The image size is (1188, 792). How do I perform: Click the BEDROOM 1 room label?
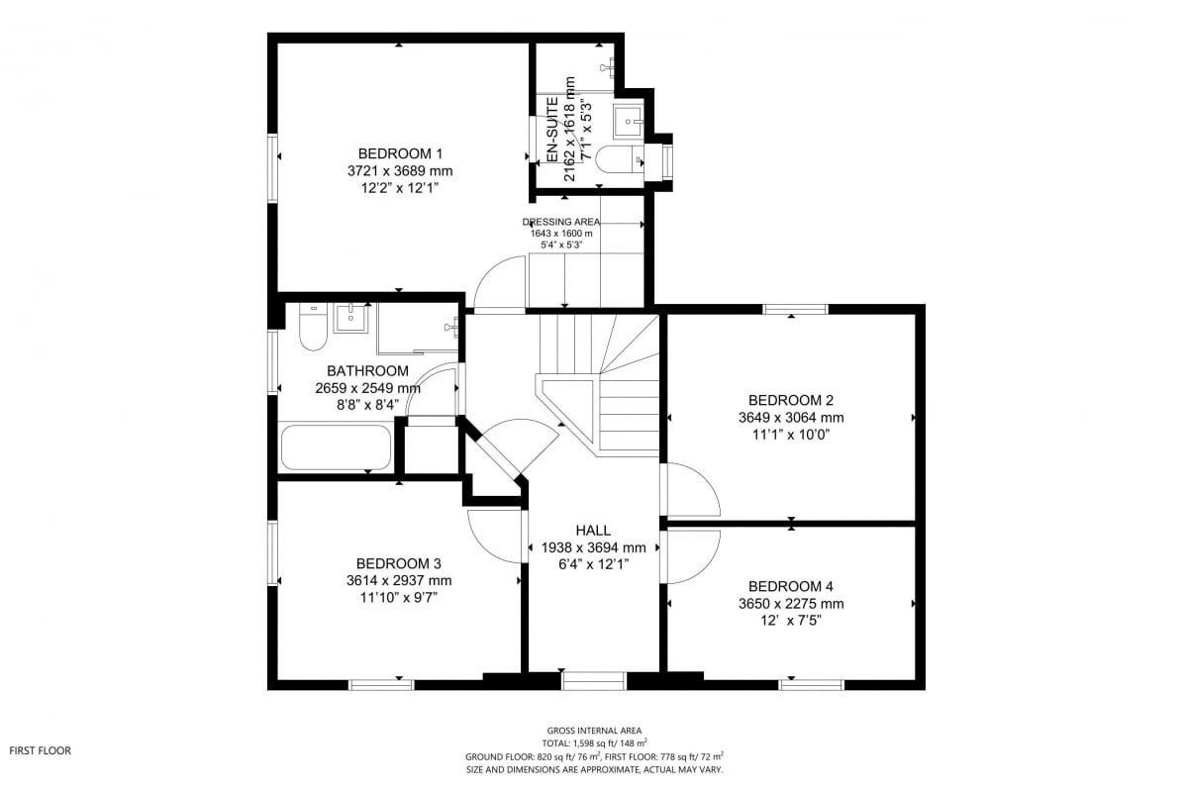tap(400, 153)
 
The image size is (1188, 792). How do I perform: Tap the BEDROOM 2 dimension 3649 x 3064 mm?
tap(791, 418)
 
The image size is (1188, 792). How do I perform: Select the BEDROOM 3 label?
tap(399, 563)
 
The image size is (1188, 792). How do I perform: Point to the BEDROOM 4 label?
tap(791, 586)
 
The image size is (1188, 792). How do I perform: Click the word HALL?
tap(593, 530)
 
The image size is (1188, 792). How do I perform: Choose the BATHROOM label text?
tap(367, 371)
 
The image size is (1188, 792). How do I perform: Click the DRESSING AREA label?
tap(561, 222)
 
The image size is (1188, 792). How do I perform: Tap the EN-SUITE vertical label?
tap(552, 130)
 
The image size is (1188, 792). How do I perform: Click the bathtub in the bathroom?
tap(336, 447)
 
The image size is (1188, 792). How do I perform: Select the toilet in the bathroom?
tap(313, 327)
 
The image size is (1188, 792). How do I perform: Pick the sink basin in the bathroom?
tap(350, 318)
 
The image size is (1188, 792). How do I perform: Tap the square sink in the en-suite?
tap(629, 122)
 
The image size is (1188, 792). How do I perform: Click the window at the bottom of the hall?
tap(593, 680)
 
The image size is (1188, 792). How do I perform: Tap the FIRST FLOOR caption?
tap(41, 750)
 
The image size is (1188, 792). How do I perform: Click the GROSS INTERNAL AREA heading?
tap(594, 731)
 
